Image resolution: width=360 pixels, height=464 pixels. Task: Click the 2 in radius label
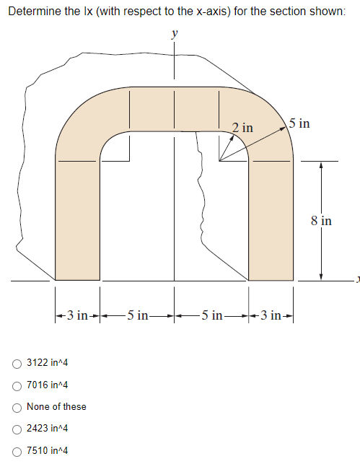(x=242, y=128)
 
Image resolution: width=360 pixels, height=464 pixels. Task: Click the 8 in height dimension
(x=322, y=221)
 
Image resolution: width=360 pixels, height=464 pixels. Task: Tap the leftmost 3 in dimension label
(x=76, y=315)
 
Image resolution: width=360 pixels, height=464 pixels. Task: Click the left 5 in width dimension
(x=137, y=315)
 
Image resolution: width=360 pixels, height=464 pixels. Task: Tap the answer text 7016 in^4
(x=47, y=385)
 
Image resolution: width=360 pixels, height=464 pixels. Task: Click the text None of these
(x=56, y=406)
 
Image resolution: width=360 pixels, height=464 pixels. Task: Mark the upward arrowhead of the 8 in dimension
(x=321, y=165)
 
